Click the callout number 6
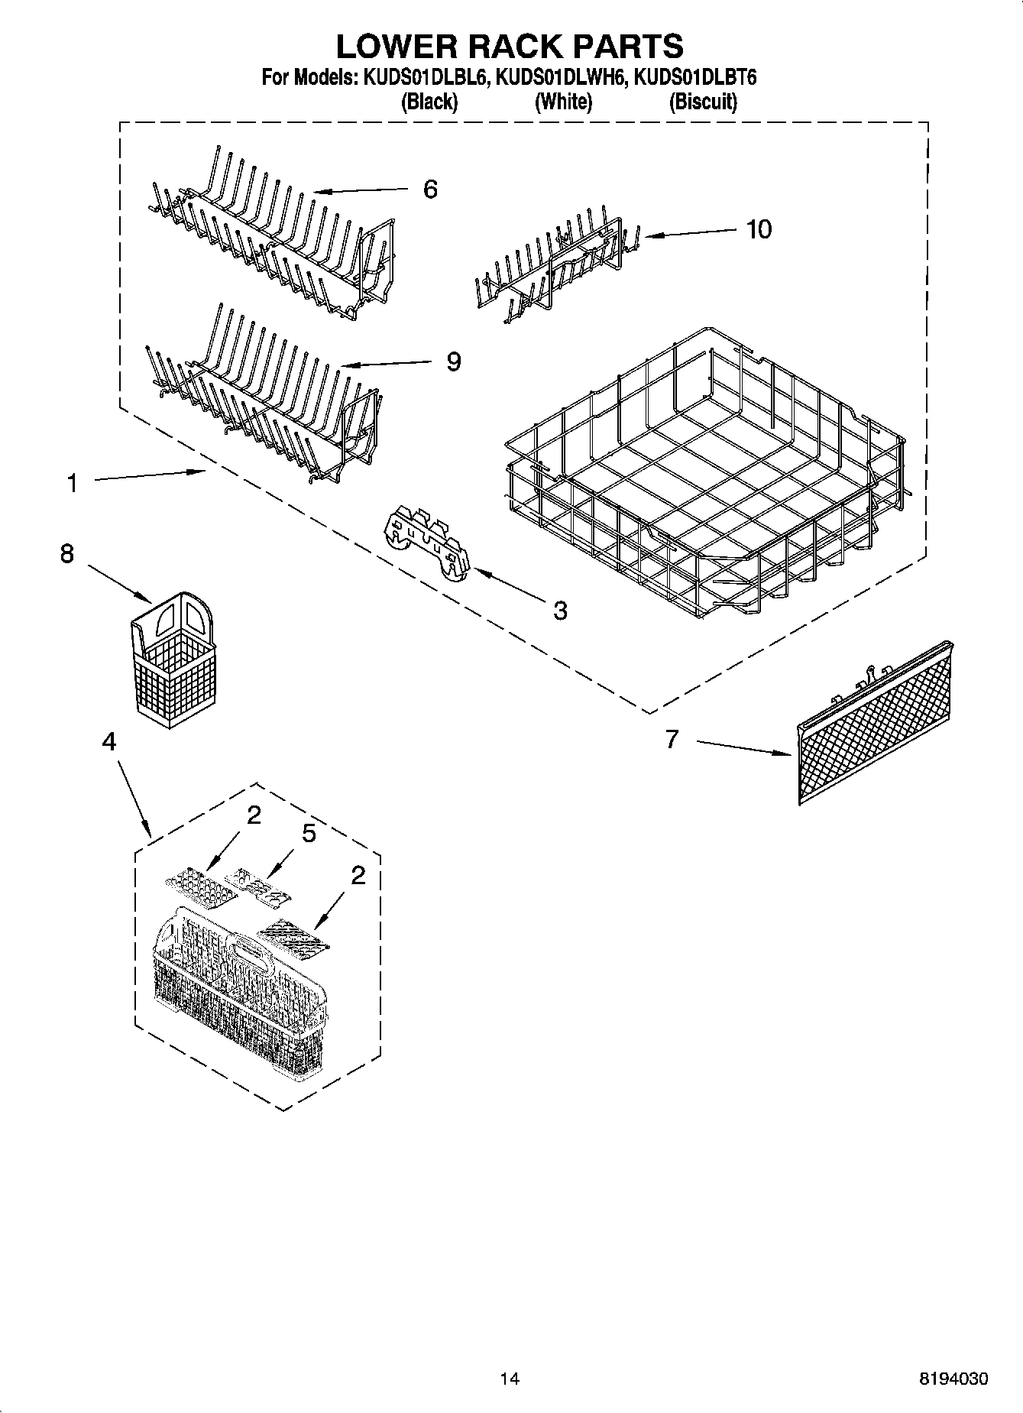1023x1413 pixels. [x=430, y=190]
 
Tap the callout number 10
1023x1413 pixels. [x=759, y=228]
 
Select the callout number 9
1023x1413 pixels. [x=454, y=361]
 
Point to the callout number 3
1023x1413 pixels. [x=560, y=610]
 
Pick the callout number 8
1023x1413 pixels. [x=67, y=553]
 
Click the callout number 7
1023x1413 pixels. [x=672, y=739]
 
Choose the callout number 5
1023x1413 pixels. [x=309, y=833]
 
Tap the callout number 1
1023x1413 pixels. [x=72, y=483]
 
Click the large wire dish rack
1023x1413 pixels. [x=703, y=474]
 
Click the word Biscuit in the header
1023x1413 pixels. [x=703, y=102]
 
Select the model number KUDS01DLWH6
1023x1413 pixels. [x=562, y=77]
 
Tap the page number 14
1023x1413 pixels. [x=510, y=1378]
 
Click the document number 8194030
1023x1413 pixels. [x=953, y=1378]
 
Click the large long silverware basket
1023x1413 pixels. [x=238, y=986]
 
